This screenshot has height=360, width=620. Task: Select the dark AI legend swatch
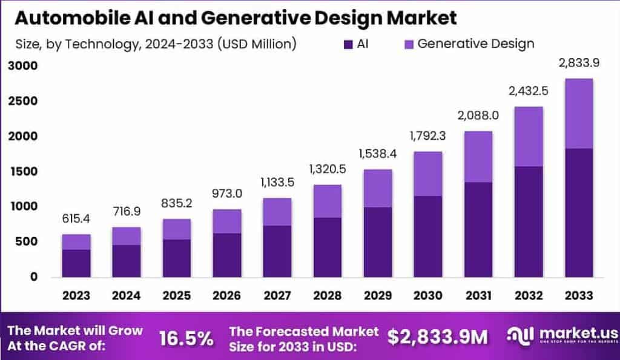point(348,44)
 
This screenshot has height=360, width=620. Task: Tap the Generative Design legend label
point(476,44)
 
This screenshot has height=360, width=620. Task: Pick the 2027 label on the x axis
point(276,296)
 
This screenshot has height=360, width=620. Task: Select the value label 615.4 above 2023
point(76,218)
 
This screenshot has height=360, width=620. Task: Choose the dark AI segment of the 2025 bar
point(176,258)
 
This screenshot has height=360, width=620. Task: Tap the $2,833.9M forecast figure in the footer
point(438,338)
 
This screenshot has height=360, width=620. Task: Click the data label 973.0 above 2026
point(226,194)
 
